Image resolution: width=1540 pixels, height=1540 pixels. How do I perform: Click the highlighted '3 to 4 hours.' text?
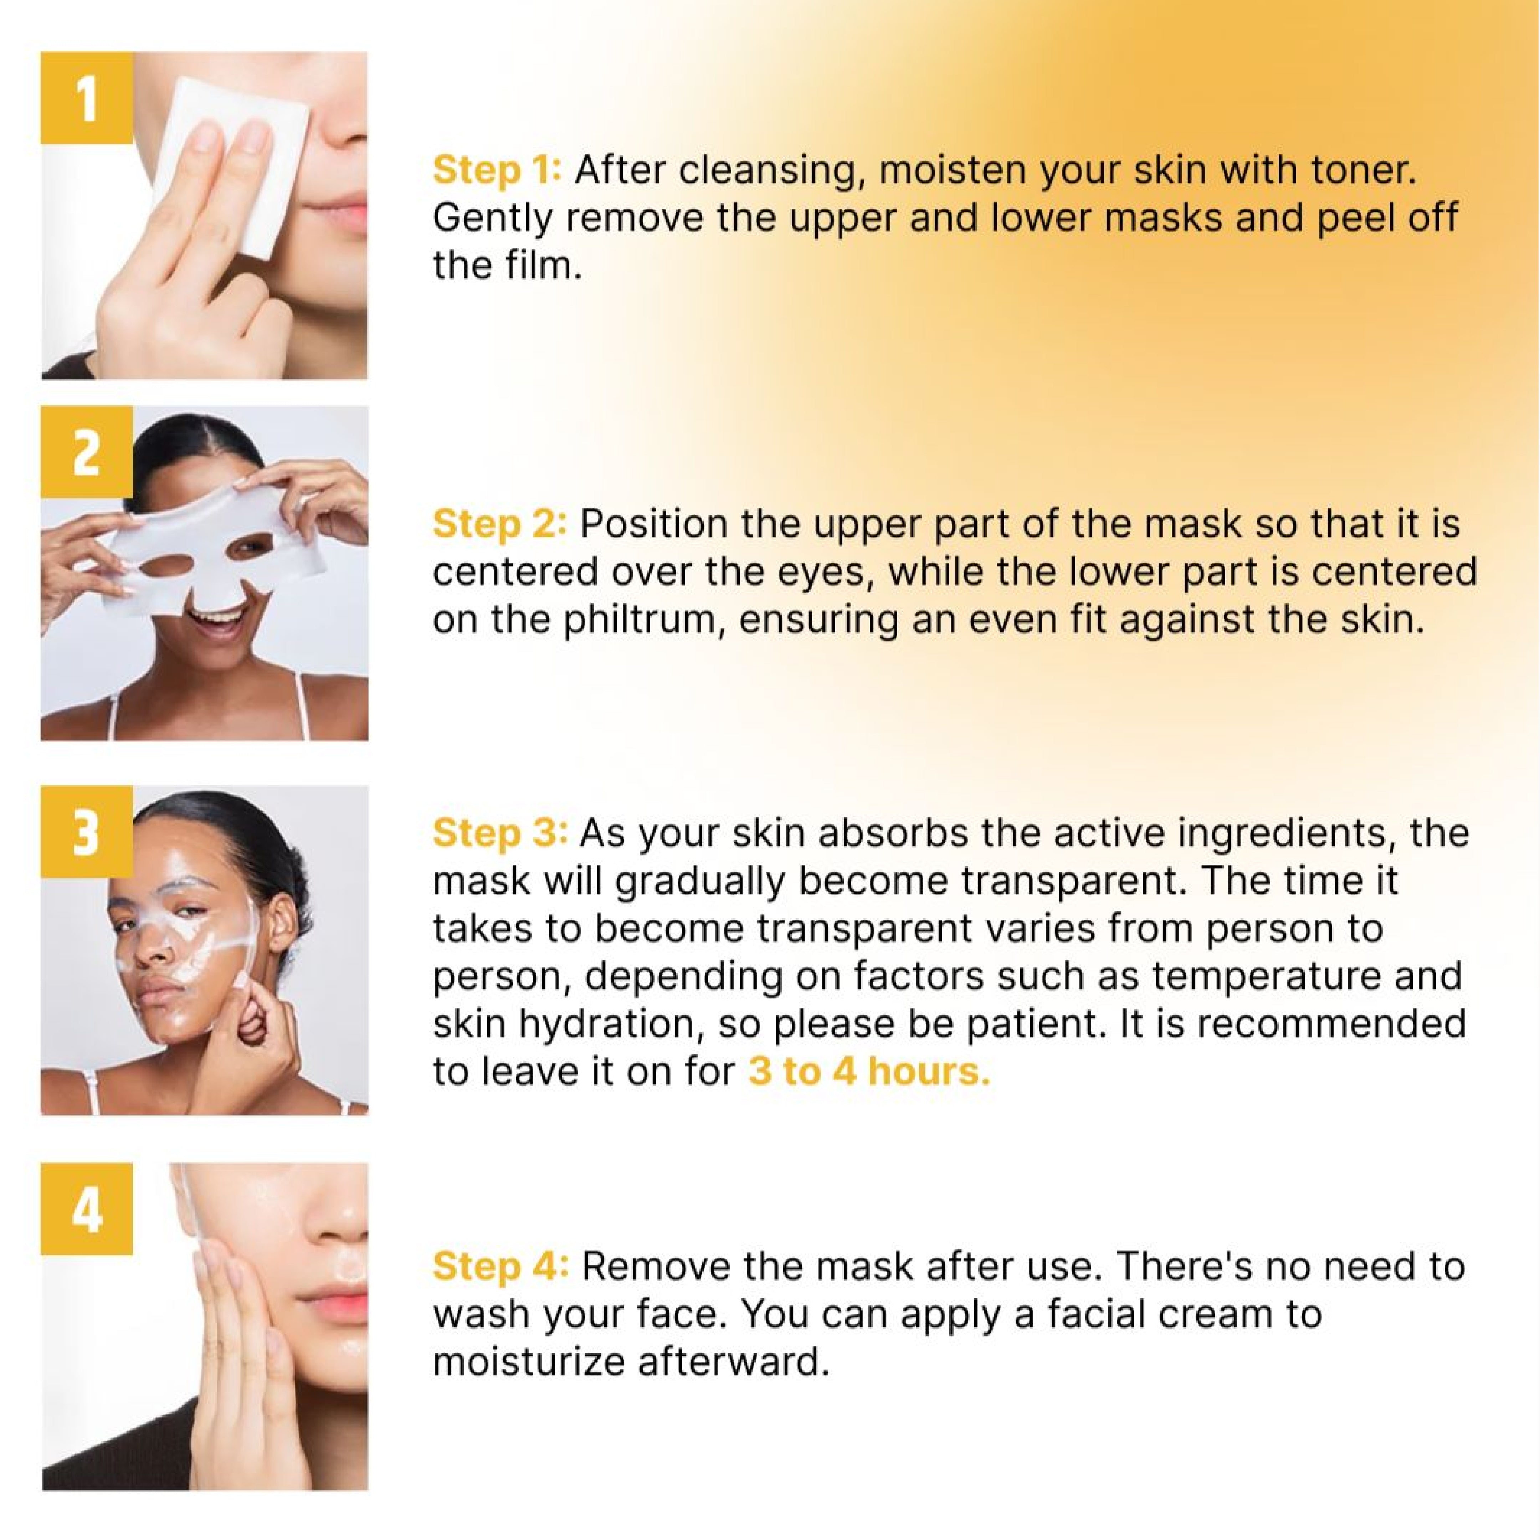pyautogui.click(x=869, y=1072)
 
